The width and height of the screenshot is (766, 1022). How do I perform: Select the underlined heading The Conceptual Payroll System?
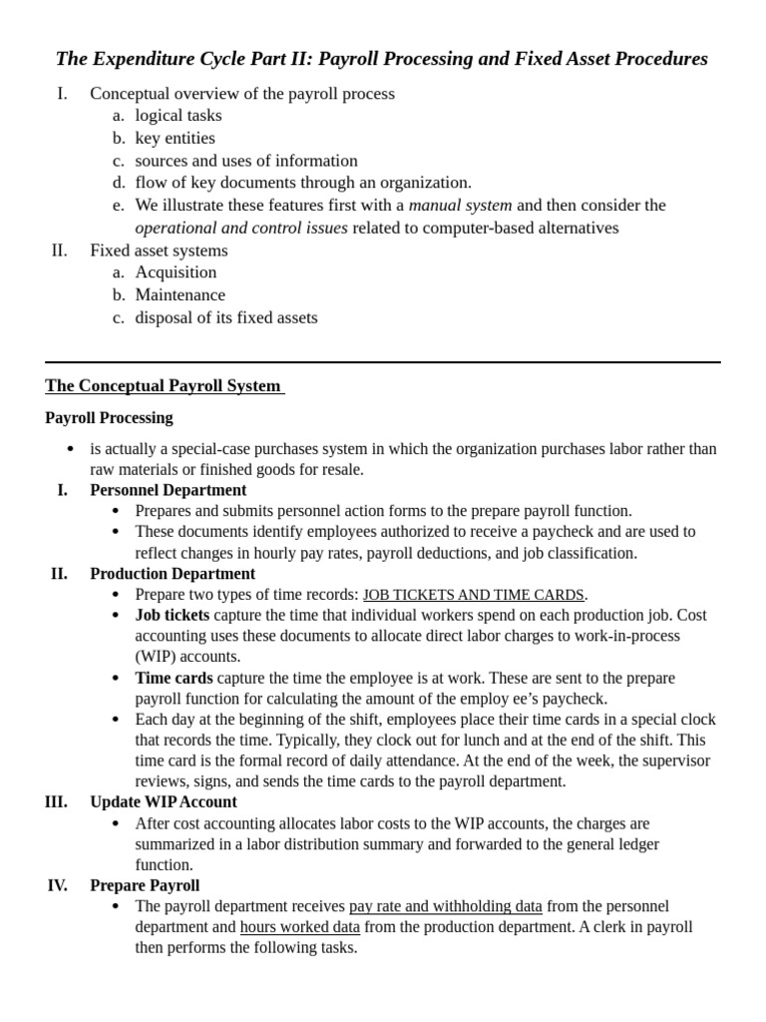click(x=164, y=386)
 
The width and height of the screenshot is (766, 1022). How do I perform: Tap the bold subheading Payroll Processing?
click(x=109, y=418)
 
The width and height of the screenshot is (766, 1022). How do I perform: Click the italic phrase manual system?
click(x=460, y=206)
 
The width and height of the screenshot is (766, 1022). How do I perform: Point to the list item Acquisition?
click(x=176, y=272)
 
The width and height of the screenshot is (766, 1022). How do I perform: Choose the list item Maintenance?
click(x=180, y=295)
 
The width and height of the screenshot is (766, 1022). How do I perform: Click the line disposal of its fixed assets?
click(x=226, y=318)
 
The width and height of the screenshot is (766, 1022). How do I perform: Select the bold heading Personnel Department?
click(x=168, y=490)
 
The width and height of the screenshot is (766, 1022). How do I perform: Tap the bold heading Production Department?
click(x=172, y=574)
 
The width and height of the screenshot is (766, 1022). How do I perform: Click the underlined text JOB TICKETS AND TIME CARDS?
click(x=473, y=595)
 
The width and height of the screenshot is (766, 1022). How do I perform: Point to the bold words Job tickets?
click(x=173, y=615)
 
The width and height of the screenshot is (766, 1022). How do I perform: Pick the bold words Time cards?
click(x=174, y=678)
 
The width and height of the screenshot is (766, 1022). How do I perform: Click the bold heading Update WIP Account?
click(x=164, y=802)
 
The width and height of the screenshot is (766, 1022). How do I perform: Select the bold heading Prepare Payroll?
click(x=145, y=885)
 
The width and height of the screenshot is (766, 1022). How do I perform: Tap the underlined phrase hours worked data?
click(x=299, y=927)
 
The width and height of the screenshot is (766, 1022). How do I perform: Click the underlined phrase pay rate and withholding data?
click(x=445, y=906)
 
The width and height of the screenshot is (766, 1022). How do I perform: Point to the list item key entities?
click(x=175, y=139)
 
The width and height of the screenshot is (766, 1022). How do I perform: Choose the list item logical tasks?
click(x=179, y=116)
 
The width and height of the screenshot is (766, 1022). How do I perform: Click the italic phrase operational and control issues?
click(x=241, y=228)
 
